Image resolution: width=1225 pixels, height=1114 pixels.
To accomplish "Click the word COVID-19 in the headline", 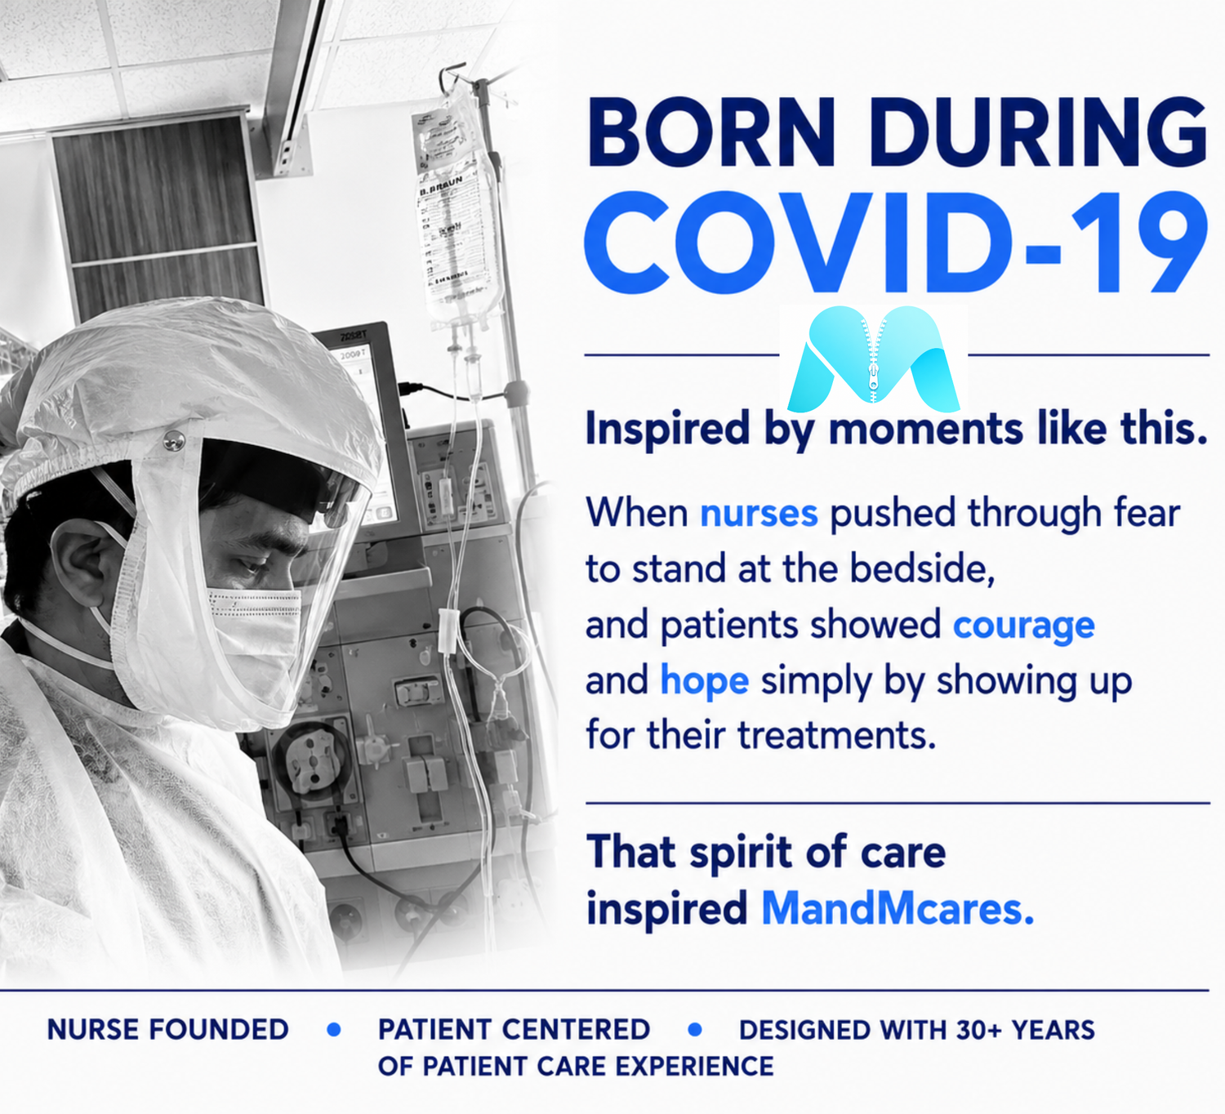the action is (x=897, y=243).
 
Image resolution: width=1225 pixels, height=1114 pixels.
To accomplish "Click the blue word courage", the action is (x=1024, y=627).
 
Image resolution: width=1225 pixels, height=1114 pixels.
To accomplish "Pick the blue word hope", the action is (x=705, y=681).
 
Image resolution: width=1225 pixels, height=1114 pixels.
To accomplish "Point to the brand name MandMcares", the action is (x=898, y=909).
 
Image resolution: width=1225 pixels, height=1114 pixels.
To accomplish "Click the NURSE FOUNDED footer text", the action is (x=168, y=1030).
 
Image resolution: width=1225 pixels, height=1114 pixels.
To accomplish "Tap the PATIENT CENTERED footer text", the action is (x=514, y=1030).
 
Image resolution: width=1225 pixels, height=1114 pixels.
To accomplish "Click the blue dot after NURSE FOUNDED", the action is (x=334, y=1030).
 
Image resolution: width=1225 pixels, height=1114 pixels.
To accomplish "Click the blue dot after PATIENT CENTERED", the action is (x=694, y=1030).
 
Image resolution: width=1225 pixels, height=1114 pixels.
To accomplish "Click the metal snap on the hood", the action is (x=174, y=439).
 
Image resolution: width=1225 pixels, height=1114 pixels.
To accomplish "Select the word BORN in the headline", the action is (x=712, y=132).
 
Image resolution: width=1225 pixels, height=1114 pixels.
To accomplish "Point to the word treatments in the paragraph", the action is (x=836, y=735).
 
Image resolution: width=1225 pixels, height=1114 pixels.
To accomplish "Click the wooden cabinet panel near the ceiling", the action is (x=158, y=214).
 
